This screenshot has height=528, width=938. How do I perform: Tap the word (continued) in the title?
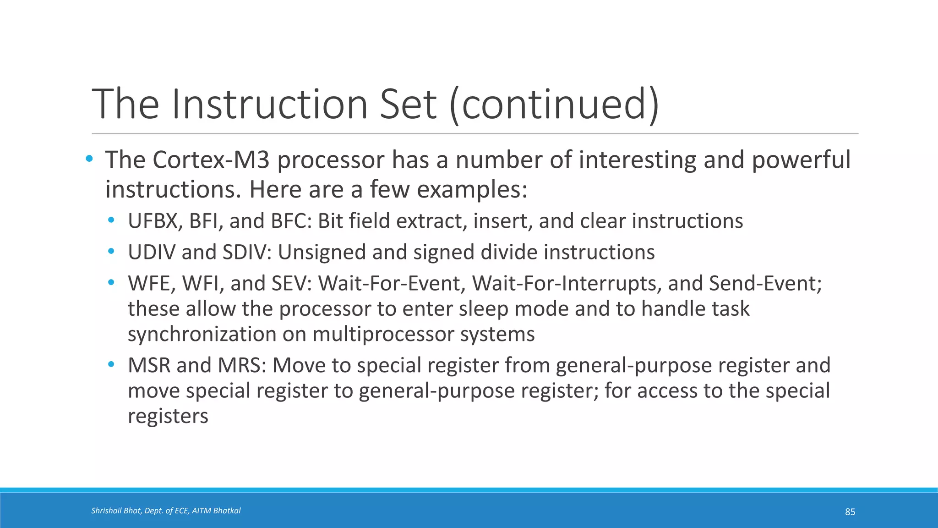point(554,104)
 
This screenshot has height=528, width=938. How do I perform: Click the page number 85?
point(850,512)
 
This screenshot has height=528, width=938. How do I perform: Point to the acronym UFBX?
point(153,221)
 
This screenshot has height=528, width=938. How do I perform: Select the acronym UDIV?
point(152,253)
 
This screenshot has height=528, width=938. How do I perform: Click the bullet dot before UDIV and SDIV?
point(111,251)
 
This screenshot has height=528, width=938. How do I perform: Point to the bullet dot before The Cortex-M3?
point(89,159)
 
